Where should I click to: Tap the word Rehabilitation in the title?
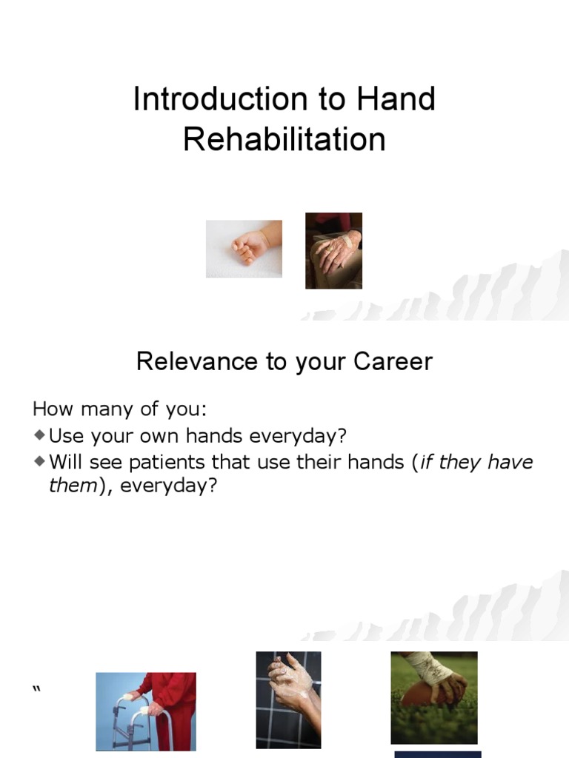284,139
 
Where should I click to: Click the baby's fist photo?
244,249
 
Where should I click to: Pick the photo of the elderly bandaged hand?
333,251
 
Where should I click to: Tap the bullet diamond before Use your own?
39,434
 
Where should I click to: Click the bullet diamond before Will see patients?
39,462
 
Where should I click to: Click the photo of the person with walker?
146,711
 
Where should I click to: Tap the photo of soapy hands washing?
288,700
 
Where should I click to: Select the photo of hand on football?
434,697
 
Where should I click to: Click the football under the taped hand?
421,696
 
